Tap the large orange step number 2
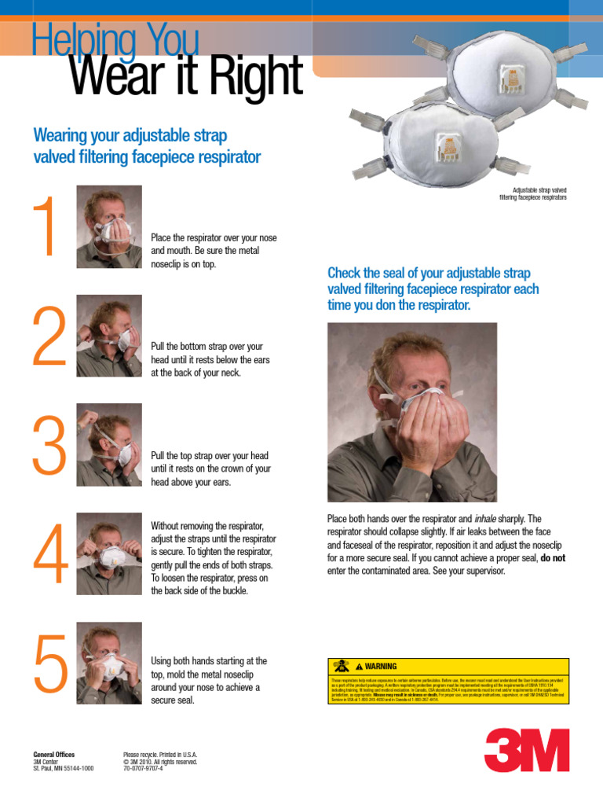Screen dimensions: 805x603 [49, 336]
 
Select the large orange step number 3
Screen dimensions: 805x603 [49, 446]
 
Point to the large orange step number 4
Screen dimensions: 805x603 [49, 555]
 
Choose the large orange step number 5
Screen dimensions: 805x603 [49, 664]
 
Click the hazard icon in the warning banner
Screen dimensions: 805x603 [341, 666]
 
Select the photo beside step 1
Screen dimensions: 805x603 [109, 227]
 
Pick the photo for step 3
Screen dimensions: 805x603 [109, 445]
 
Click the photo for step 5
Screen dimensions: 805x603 [109, 663]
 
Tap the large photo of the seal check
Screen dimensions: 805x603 [412, 412]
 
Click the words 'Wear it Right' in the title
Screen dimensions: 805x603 [186, 76]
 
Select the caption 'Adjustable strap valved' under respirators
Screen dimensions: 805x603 [539, 190]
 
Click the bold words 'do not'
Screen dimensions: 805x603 [553, 558]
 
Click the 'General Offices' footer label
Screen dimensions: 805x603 [54, 755]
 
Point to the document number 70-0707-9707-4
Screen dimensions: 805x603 [144, 769]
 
